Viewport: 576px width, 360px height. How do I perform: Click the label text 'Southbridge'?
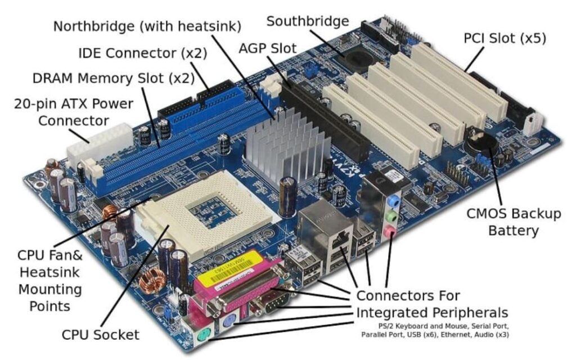tap(307, 21)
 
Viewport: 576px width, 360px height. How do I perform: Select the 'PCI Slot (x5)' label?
tap(505, 38)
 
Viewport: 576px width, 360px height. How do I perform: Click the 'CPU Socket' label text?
tap(100, 335)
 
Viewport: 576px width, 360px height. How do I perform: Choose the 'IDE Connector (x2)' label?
tap(142, 53)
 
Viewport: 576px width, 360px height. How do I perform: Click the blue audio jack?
tap(395, 200)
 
